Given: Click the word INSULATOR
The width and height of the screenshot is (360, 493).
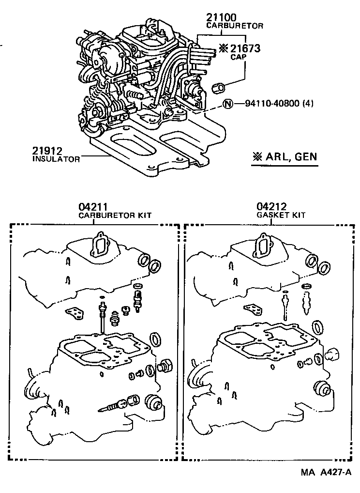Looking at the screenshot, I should (x=56, y=159).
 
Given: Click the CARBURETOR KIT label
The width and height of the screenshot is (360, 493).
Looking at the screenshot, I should (x=115, y=216).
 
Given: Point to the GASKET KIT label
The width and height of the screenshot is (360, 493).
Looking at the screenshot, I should (x=281, y=216).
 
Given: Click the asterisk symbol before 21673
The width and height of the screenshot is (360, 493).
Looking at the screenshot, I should (x=223, y=48).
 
